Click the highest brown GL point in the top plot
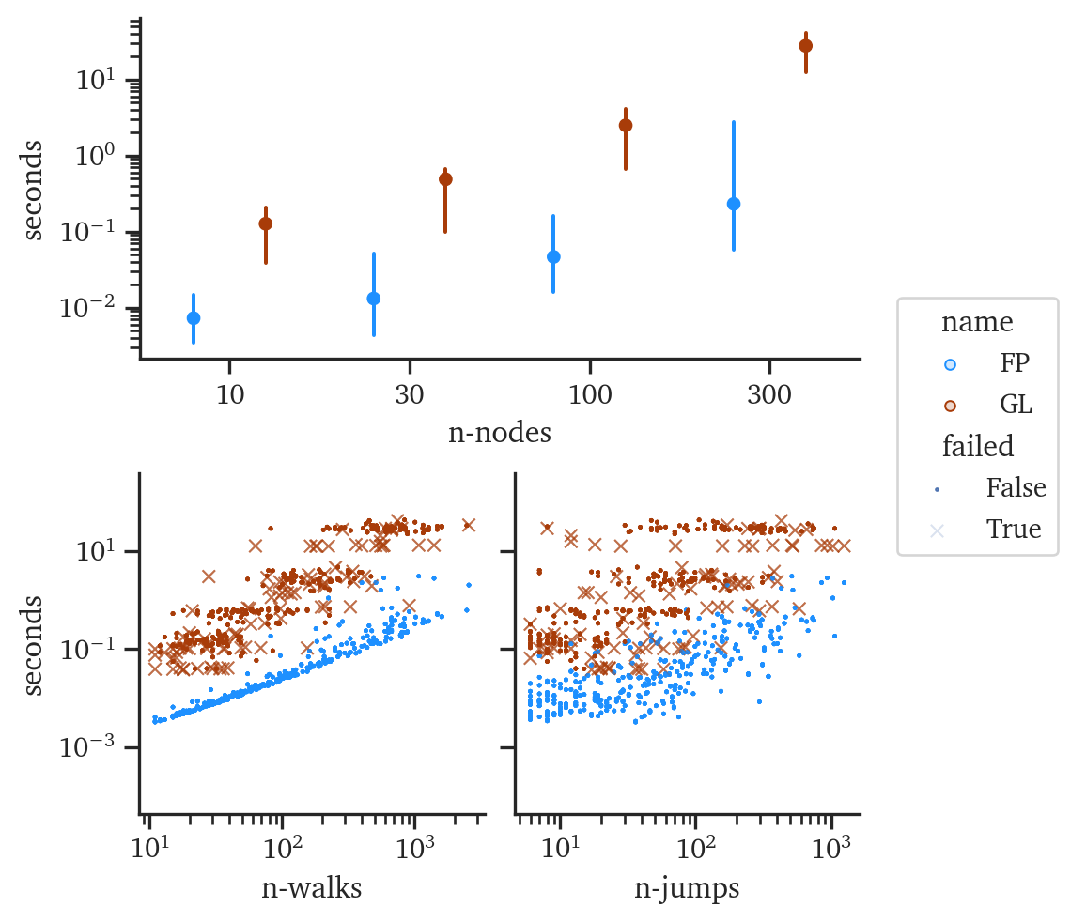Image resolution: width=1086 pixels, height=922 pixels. click(805, 46)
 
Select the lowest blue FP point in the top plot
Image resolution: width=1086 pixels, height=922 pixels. click(193, 317)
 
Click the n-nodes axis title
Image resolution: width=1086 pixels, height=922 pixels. click(498, 433)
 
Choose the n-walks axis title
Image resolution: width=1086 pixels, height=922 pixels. click(312, 888)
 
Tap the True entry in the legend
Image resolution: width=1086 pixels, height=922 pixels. click(1014, 530)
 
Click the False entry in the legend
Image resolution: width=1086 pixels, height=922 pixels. click(1016, 488)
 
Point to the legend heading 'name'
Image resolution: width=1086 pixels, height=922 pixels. click(977, 323)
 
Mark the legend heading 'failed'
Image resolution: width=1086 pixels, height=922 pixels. click(977, 447)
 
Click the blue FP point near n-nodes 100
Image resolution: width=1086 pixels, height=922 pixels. click(553, 256)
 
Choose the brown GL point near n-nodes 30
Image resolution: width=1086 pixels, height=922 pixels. click(445, 179)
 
